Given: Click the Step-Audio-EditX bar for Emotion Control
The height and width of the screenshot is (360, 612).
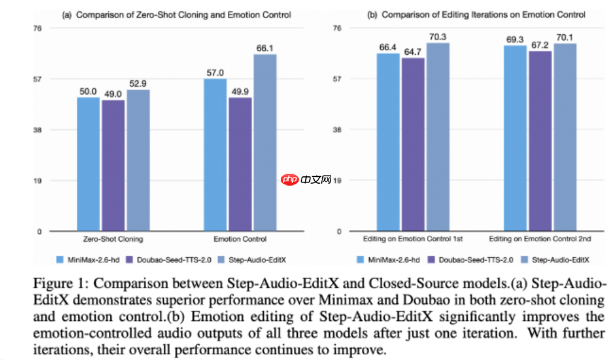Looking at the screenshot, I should tap(265, 143).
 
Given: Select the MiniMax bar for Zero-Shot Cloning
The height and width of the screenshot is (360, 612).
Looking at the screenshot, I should tap(88, 164).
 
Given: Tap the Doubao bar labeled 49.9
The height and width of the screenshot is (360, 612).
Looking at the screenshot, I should tap(240, 164).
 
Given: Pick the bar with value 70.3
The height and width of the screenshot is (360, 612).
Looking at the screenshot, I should tap(438, 137).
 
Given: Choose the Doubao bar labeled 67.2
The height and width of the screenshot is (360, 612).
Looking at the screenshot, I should tap(540, 142).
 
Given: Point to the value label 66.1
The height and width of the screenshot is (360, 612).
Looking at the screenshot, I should tap(265, 48).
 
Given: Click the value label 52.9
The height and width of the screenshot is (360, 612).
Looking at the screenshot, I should tap(139, 83).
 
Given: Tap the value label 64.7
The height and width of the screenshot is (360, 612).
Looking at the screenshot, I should tap(413, 51).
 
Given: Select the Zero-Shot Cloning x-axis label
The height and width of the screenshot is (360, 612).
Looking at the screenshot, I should tap(113, 239).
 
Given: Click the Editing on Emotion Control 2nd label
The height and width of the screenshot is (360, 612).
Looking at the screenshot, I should tap(540, 239).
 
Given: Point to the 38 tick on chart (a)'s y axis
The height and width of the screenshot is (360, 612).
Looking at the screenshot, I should tap(38, 130).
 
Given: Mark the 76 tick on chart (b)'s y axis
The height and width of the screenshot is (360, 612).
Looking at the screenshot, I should tap(337, 28).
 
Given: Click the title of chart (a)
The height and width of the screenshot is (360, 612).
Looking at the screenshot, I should tap(176, 14).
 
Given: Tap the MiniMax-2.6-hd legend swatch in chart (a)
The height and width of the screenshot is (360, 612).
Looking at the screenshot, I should tap(60, 259).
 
